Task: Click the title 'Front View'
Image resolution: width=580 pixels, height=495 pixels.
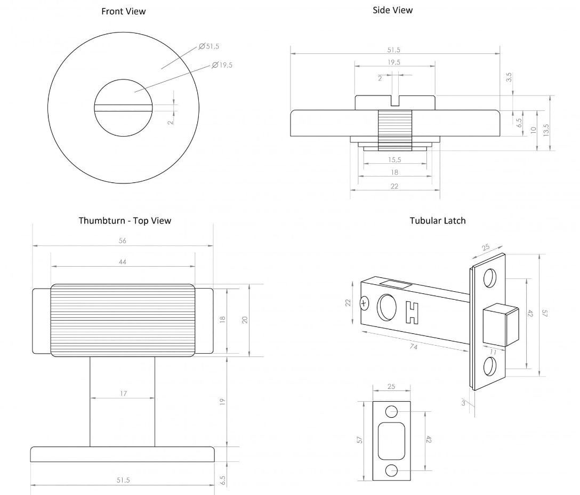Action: (x=123, y=11)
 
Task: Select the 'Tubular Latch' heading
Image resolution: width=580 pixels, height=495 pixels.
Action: (x=437, y=220)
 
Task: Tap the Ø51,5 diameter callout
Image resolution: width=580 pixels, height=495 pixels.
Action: (x=209, y=46)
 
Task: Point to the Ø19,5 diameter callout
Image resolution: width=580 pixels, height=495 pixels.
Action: (x=222, y=65)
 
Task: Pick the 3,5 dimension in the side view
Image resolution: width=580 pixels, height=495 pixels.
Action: (x=509, y=77)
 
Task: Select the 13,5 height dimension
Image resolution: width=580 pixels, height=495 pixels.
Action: (x=545, y=130)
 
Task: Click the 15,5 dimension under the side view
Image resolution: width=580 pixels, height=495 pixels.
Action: (x=394, y=159)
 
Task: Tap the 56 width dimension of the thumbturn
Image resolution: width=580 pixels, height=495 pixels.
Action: (x=122, y=241)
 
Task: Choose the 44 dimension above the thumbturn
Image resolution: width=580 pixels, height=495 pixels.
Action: (x=122, y=262)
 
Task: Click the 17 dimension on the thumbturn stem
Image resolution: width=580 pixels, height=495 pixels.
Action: (x=123, y=394)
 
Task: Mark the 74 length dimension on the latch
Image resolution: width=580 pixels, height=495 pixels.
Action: (x=413, y=347)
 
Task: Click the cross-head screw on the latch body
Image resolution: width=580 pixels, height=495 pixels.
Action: (x=365, y=304)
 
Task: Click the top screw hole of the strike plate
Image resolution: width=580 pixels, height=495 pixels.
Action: (x=391, y=411)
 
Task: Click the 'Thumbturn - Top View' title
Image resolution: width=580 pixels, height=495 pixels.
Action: (x=125, y=220)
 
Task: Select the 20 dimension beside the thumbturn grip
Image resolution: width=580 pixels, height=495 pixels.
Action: (x=245, y=320)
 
